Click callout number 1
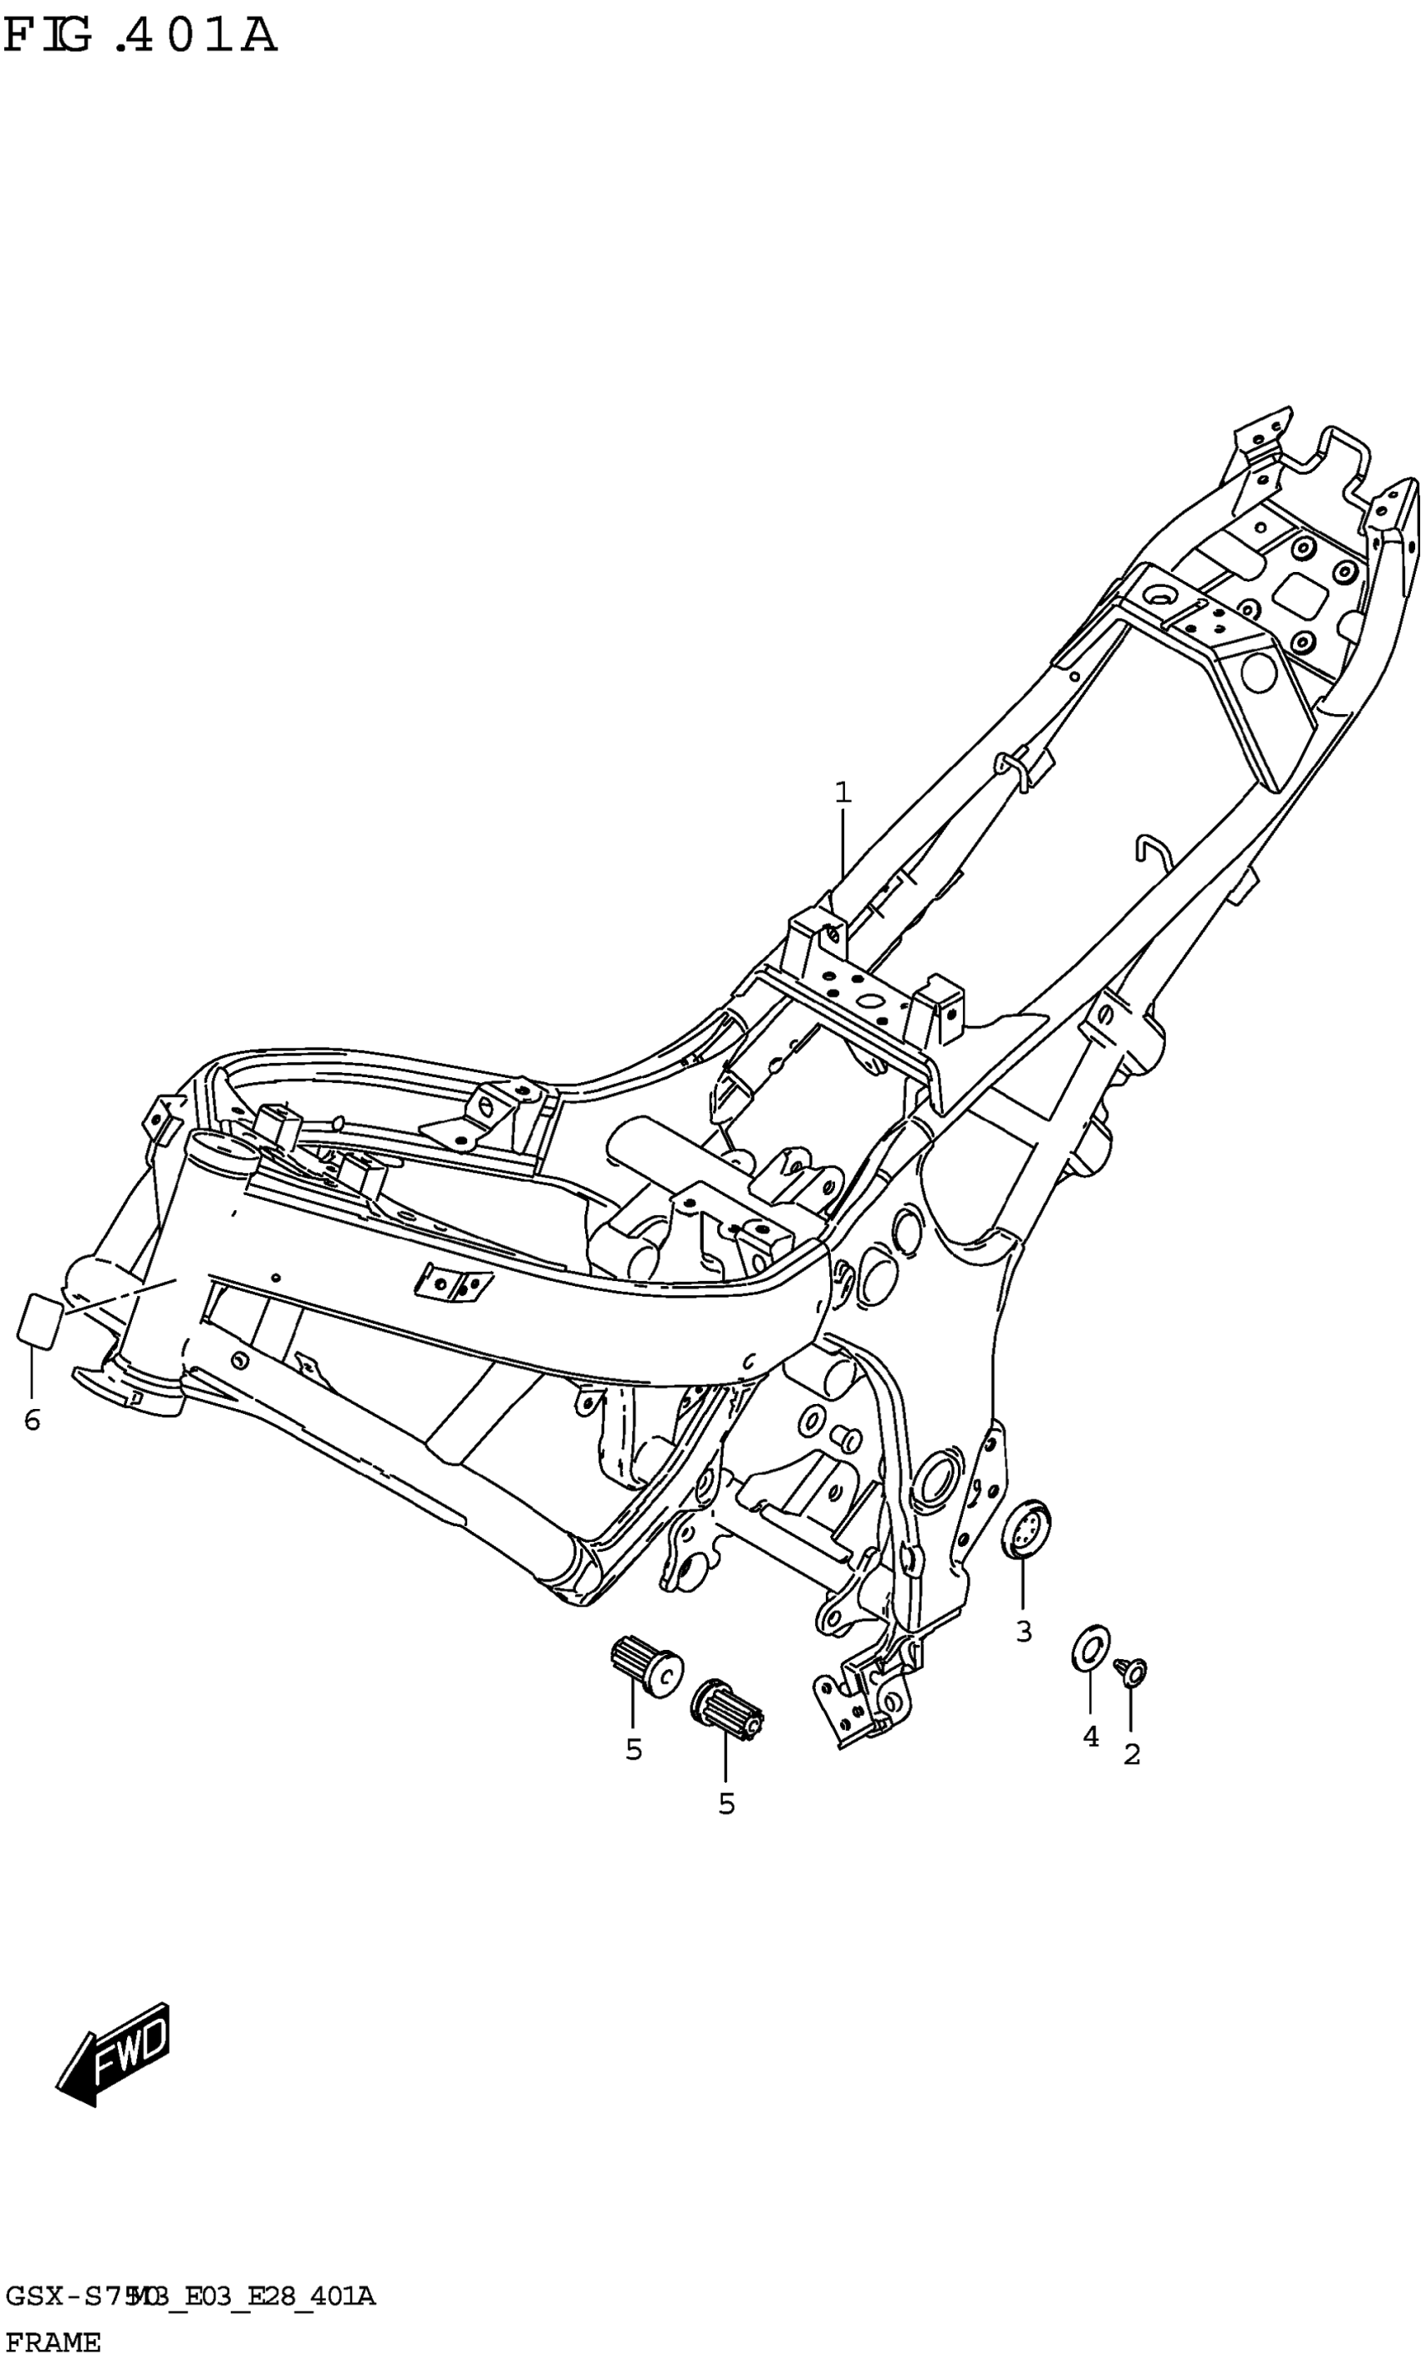click(x=842, y=793)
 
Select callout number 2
click(x=1131, y=1755)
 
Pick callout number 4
click(x=1090, y=1737)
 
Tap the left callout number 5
click(x=633, y=1750)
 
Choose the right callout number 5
click(x=726, y=1805)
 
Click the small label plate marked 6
click(x=39, y=1320)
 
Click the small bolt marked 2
click(x=1131, y=1672)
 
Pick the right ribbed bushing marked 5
click(x=726, y=1705)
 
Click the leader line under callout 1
click(x=842, y=843)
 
